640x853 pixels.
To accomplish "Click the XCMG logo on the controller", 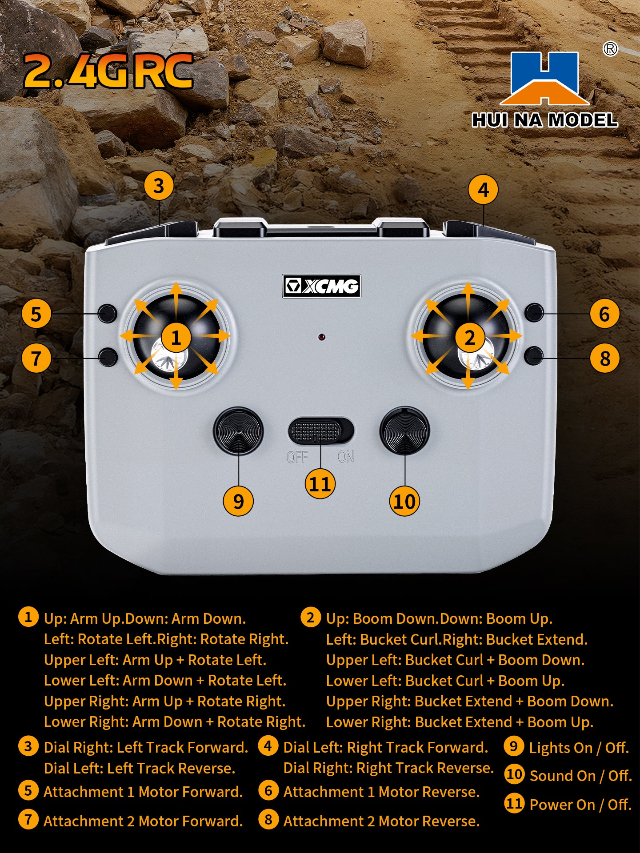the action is point(321,286).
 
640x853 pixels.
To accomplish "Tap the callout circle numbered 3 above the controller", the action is point(159,186).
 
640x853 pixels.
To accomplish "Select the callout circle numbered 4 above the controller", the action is point(483,190).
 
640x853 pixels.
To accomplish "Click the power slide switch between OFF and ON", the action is point(321,430).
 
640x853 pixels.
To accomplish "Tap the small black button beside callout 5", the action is point(107,314).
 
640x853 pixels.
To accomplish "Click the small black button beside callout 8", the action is point(534,356).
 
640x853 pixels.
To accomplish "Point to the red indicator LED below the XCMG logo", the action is point(321,337).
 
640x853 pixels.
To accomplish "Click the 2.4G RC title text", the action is point(108,71).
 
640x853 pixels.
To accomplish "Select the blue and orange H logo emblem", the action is point(545,79).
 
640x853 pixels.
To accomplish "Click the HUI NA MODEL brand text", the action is point(545,120).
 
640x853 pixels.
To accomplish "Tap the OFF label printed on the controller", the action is point(297,457).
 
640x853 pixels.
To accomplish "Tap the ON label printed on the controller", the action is point(346,457).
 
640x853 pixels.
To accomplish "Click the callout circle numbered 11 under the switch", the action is point(320,484).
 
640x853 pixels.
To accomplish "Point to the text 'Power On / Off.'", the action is point(580,805).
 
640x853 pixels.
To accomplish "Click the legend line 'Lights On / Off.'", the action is point(579,748).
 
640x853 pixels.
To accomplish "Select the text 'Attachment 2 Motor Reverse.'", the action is point(382,821).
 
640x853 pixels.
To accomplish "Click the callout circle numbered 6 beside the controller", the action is point(604,314).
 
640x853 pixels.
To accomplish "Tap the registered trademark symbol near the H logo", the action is point(610,49).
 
